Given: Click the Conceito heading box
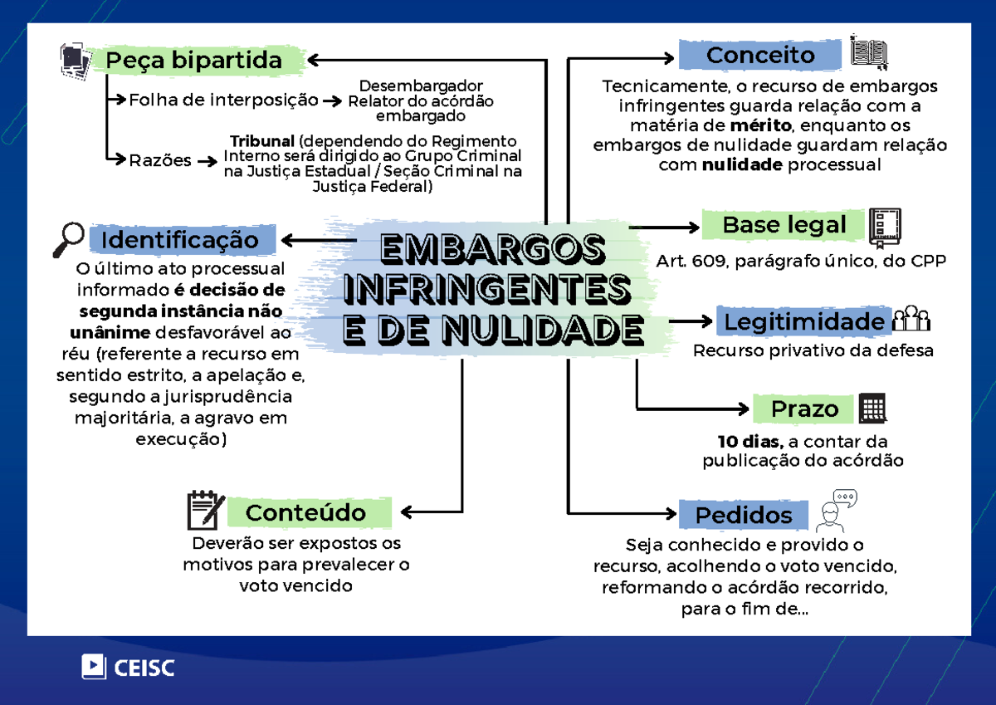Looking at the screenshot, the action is pos(760,55).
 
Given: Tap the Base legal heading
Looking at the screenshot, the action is pos(784,225).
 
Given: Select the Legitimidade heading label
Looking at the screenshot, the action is pos(804,321).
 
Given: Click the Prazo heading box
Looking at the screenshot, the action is pos(803,409).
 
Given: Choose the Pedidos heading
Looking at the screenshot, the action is pos(744,515).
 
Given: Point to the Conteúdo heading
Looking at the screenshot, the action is pos(310,512).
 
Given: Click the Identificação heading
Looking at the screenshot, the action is pos(183,240).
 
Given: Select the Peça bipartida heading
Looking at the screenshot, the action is pos(196,60).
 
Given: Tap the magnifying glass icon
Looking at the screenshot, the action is pos(68,239).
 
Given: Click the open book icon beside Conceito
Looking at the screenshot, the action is pos(869,52).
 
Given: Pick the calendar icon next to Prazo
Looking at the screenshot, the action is pos(872,408).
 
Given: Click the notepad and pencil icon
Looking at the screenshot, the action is pos(206,510).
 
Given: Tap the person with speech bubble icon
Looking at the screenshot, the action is pos(837,511).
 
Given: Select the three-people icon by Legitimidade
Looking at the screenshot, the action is pos(911,318).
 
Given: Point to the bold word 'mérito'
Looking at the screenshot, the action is pos(761,125).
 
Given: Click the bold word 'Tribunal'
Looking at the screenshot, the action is pos(262,141).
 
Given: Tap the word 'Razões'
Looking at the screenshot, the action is pos(160,160).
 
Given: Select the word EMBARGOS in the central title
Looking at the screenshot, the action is pos(493,248).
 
